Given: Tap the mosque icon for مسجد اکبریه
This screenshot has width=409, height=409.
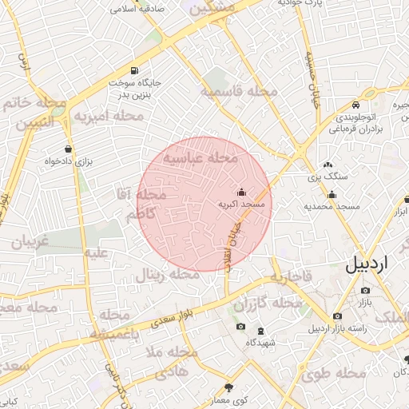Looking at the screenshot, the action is click(x=242, y=193).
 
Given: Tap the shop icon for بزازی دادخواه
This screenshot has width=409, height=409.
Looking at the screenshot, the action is click(x=69, y=149).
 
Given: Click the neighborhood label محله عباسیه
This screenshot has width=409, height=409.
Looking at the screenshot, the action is click(x=201, y=159).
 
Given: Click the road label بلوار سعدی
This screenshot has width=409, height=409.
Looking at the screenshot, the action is click(x=176, y=316).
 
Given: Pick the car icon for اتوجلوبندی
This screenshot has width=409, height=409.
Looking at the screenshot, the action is click(x=355, y=105).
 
